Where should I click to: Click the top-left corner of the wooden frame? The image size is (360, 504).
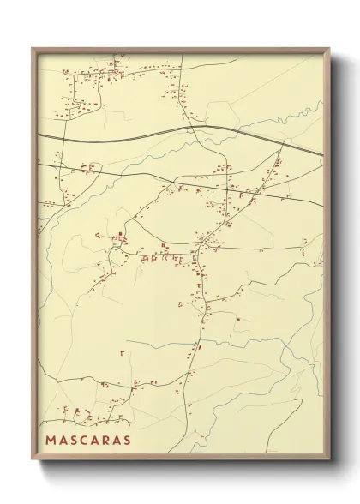point(32,47)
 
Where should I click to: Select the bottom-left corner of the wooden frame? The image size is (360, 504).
point(32,463)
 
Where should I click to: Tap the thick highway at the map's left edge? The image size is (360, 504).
point(39,136)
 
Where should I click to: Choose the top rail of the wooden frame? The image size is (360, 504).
point(180,50)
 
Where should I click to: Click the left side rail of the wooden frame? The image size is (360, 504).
point(34,257)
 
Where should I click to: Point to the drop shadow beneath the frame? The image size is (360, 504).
point(180,470)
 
